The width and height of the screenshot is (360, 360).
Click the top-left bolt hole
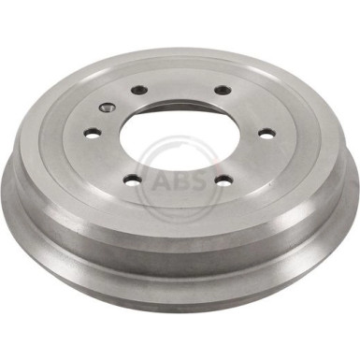pos(139,90)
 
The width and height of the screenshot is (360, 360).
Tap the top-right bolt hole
pos(222,91)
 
